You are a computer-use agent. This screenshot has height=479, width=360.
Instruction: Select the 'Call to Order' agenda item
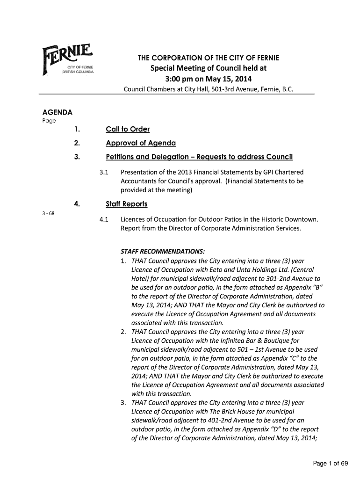[128, 129]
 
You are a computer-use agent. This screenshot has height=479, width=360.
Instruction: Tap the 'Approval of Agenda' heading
[141, 143]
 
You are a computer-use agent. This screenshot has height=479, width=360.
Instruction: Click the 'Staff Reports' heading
[127, 204]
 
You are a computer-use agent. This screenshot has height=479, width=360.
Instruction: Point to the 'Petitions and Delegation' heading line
[199, 156]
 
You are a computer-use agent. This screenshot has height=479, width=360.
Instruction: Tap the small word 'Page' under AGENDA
[49, 121]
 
